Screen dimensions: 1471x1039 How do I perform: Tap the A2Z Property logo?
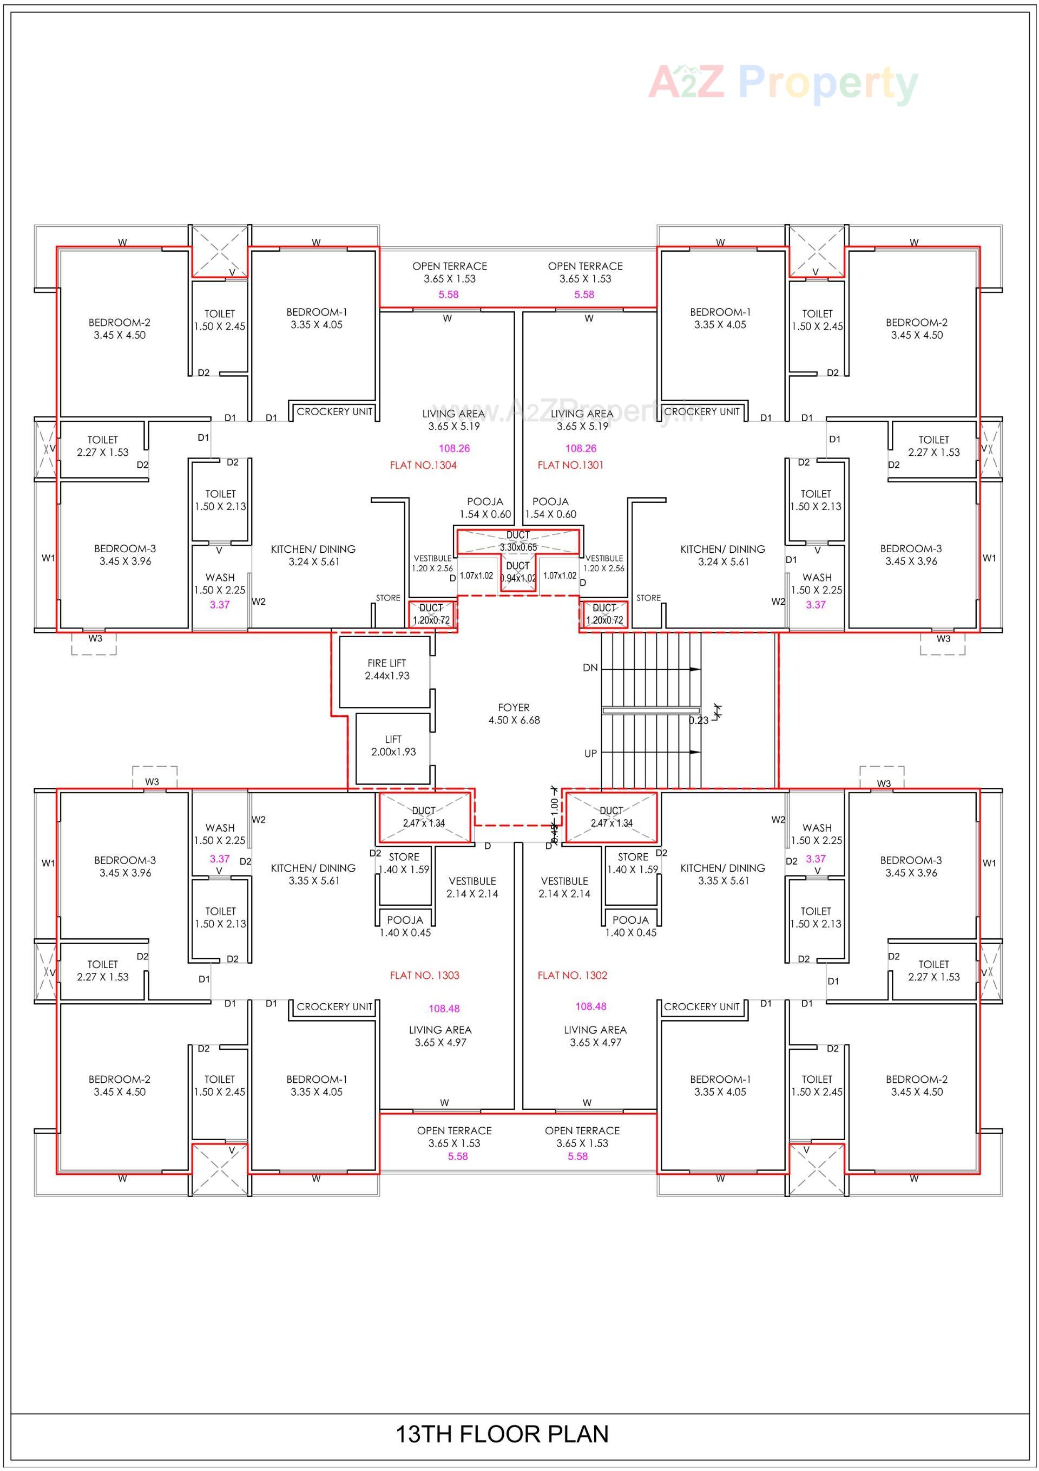point(783,83)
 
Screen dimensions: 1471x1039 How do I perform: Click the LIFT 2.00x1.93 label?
point(393,745)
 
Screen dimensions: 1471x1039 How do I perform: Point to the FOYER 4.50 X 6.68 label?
point(514,713)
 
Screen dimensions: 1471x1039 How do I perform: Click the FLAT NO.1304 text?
point(423,465)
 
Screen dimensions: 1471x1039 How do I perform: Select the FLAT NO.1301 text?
point(570,465)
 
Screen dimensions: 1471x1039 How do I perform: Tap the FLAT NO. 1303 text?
point(424,975)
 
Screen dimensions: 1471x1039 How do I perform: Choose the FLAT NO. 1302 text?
point(572,975)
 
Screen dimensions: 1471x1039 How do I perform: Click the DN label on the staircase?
point(590,668)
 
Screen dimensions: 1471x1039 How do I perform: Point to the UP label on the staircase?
point(590,754)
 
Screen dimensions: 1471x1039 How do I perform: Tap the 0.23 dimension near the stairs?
point(698,720)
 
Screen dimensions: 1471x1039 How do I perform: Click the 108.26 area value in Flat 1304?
point(454,448)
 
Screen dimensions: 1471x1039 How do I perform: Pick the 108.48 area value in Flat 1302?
point(590,1006)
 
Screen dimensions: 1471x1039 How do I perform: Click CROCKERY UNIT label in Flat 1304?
point(334,411)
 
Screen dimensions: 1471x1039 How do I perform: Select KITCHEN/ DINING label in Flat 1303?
point(313,874)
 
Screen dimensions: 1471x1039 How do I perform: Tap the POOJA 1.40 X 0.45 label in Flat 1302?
point(630,926)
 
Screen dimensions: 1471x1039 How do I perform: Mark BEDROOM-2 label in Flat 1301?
point(916,329)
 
